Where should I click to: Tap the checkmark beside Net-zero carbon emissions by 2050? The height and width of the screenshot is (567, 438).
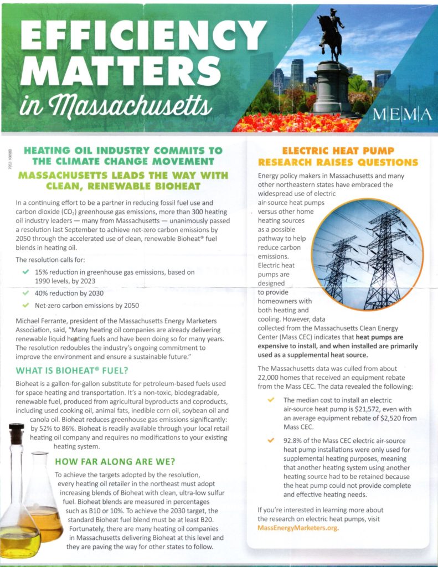point(26,305)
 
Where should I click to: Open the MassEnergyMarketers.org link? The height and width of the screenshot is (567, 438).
point(298,528)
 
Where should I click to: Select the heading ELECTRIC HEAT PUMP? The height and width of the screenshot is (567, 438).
point(338,151)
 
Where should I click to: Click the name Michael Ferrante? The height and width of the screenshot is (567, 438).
point(48,322)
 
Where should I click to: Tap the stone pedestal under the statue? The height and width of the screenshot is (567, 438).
point(332,89)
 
